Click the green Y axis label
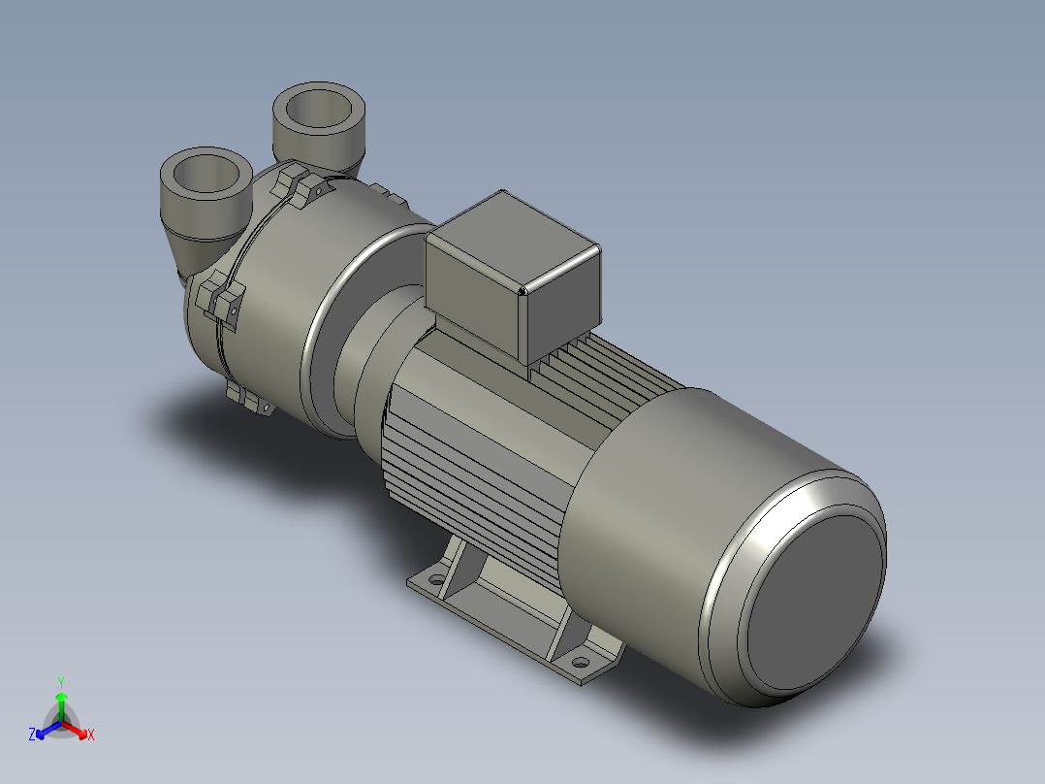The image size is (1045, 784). [60, 681]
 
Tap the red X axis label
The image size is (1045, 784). [91, 735]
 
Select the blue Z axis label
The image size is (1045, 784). [32, 735]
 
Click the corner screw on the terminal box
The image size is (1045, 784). [522, 289]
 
